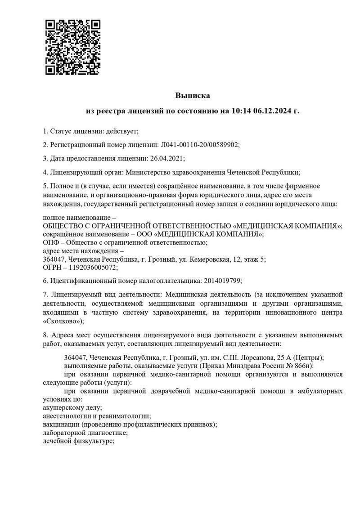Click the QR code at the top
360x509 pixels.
tap(72, 47)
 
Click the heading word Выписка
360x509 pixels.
tap(193, 95)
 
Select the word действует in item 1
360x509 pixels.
tap(122, 131)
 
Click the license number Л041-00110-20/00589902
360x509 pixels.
tap(199, 144)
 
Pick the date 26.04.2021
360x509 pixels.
tap(166, 158)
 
